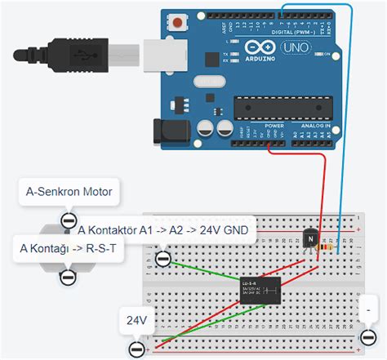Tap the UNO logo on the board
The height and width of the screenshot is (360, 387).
tap(293, 48)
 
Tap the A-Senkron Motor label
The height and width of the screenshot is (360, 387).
tap(69, 193)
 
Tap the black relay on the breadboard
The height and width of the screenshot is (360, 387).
tap(260, 291)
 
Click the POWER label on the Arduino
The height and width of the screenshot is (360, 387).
tap(273, 127)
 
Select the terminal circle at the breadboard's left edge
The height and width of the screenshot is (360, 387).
tap(162, 259)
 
